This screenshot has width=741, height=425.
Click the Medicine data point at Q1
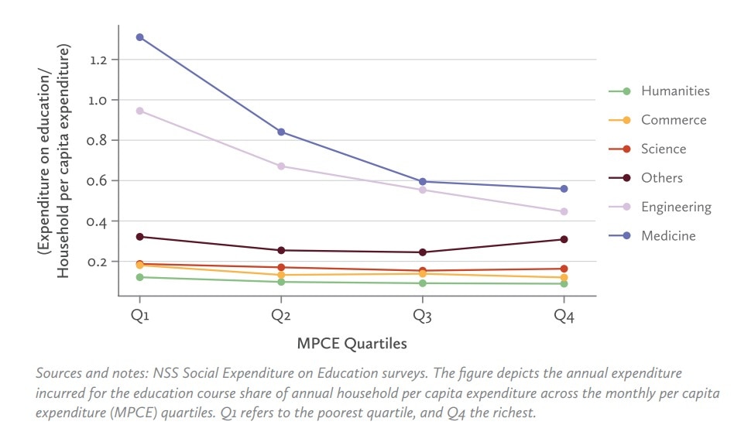[x=140, y=37]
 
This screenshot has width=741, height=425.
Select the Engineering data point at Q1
[x=140, y=111]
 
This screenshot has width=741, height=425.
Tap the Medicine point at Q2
[x=281, y=132]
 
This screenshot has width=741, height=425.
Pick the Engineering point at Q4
[x=564, y=211]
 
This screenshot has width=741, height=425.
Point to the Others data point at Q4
[x=564, y=239]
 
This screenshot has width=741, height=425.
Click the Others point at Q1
[x=140, y=237]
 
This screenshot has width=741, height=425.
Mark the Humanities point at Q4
[x=564, y=284]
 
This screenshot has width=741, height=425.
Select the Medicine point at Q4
[x=564, y=189]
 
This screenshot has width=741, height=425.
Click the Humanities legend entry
[x=674, y=91]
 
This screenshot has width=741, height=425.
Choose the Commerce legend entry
[x=673, y=120]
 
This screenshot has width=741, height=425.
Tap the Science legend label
[x=664, y=149]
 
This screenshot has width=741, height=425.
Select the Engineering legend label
[x=675, y=207]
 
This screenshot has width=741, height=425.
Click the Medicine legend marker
[x=626, y=235]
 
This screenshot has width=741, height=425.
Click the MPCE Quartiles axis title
[x=352, y=343]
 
